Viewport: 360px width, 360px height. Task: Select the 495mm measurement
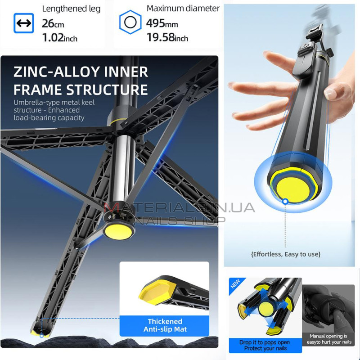(162, 23)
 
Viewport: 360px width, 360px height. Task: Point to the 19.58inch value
(167, 37)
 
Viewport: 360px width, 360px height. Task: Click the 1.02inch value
(59, 38)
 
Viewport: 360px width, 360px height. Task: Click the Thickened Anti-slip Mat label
(165, 325)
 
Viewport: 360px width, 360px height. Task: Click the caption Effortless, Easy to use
(286, 254)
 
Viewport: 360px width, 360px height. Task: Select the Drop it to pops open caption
(265, 345)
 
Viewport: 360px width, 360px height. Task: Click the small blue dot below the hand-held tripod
(285, 201)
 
